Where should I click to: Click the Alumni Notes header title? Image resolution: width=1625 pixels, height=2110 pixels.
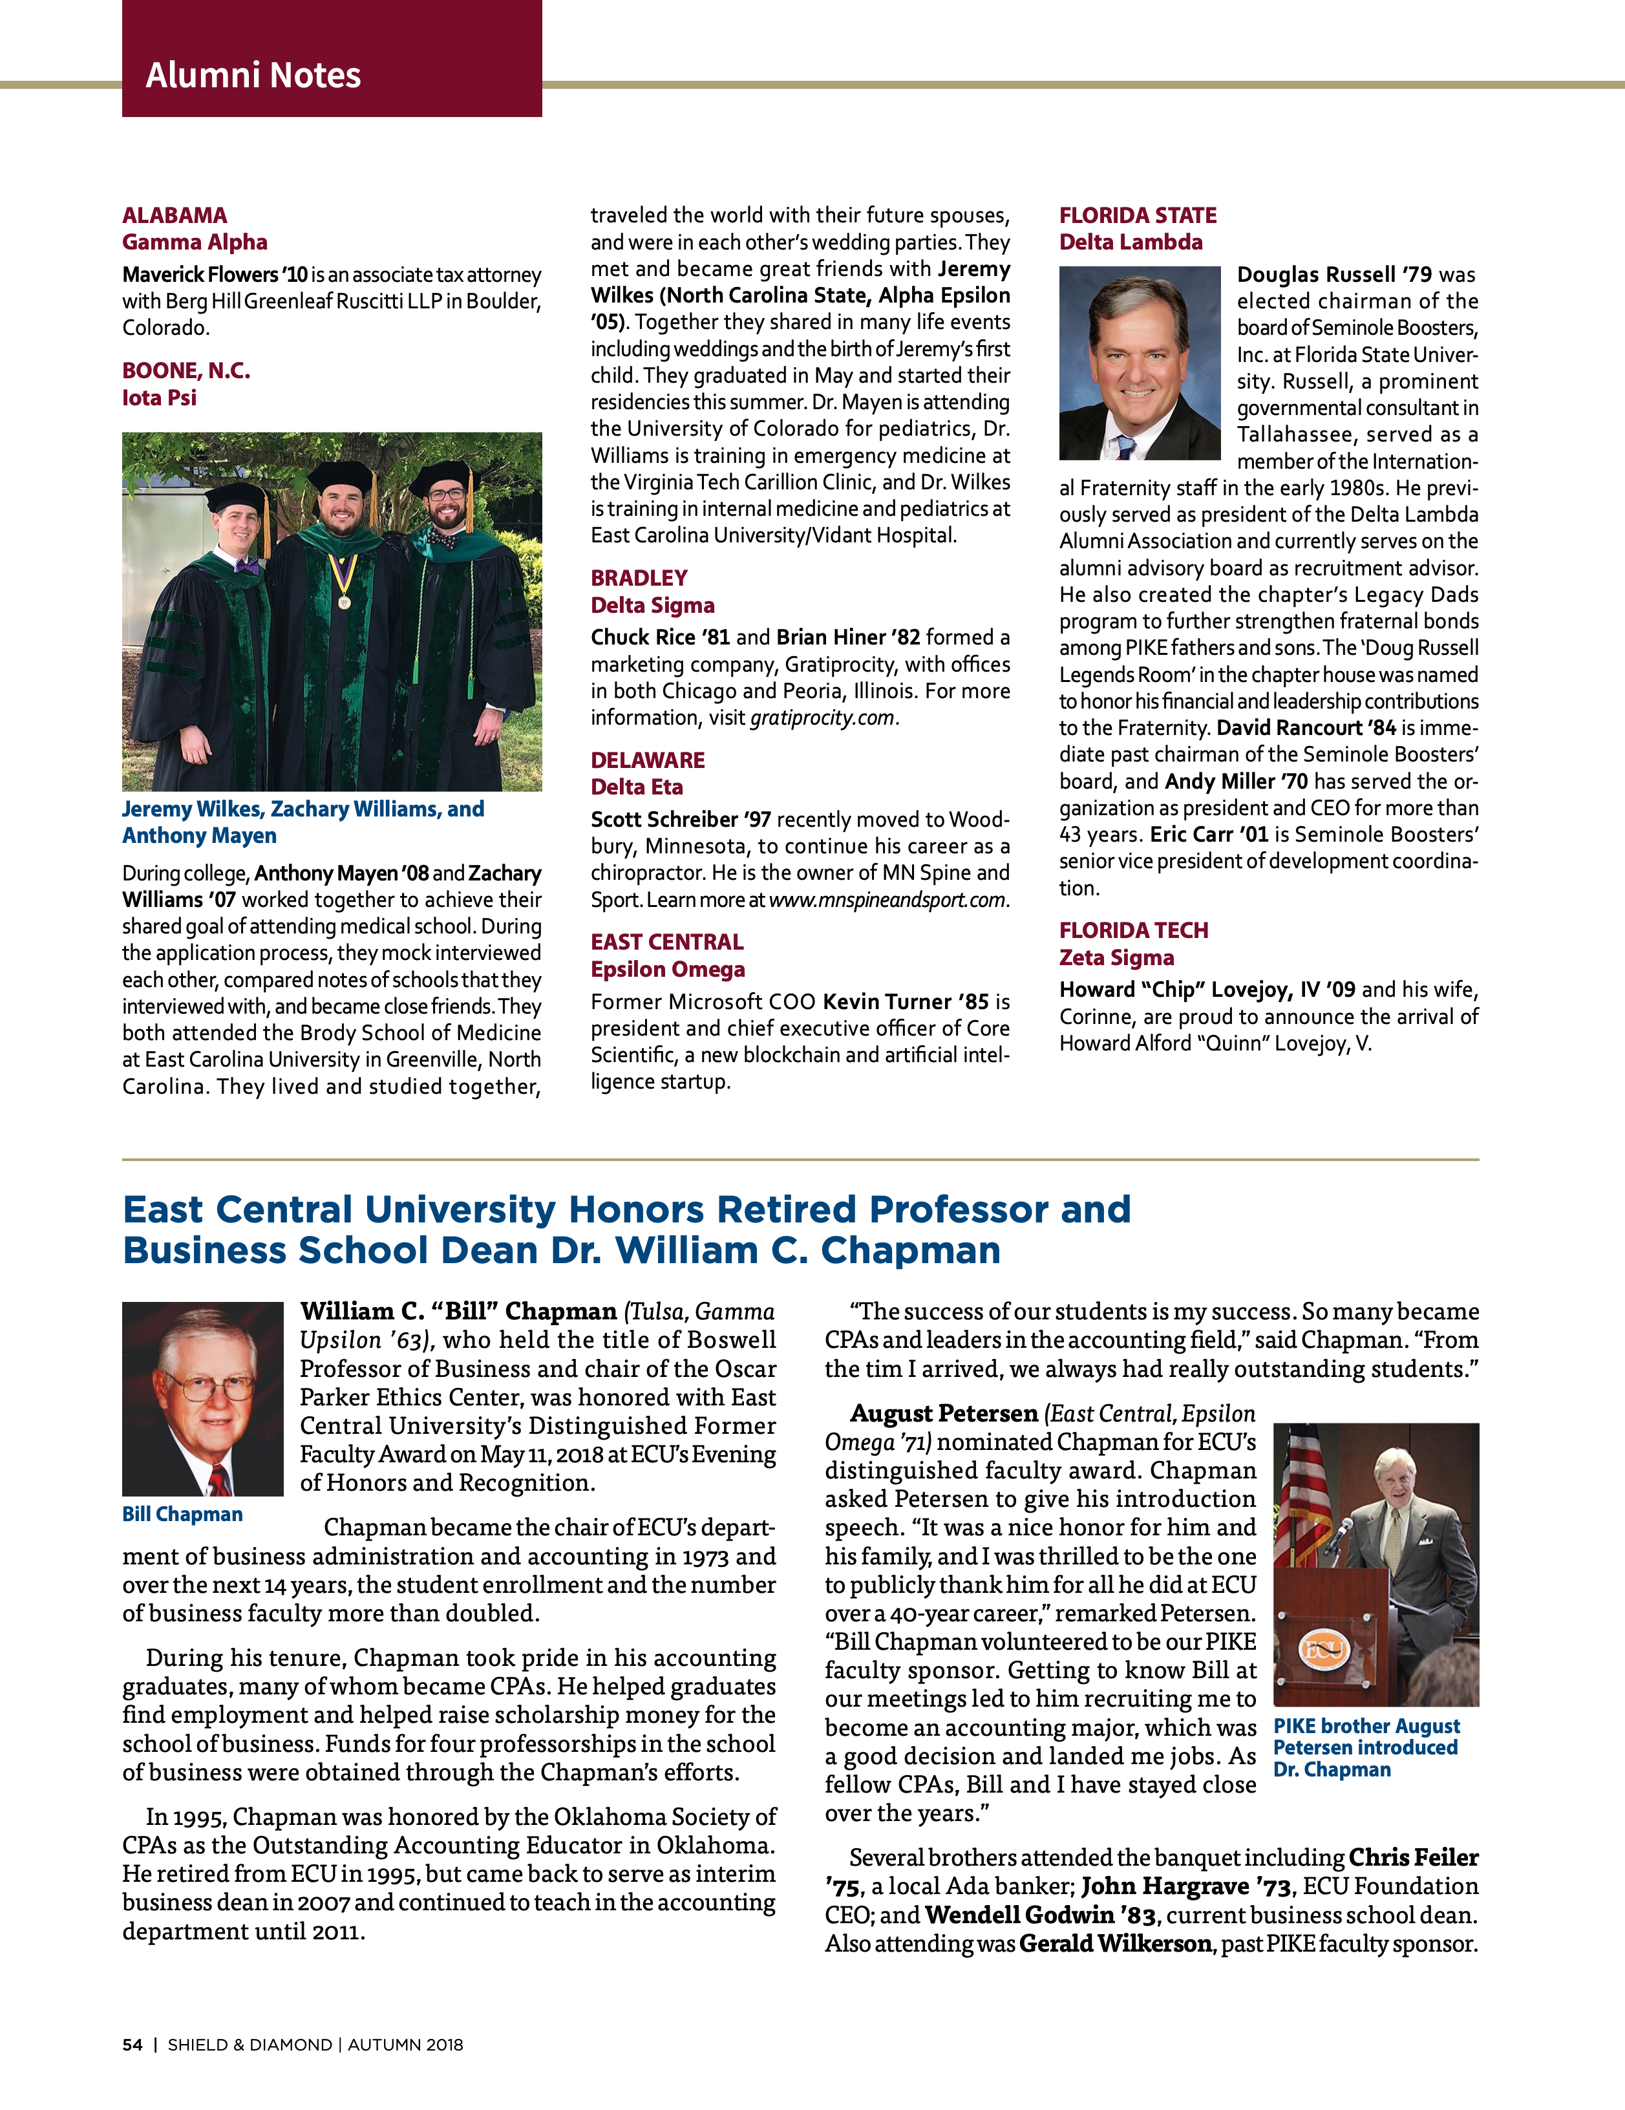[253, 76]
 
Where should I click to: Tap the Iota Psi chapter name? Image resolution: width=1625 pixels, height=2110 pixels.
[160, 398]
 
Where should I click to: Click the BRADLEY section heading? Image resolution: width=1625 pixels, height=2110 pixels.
[639, 578]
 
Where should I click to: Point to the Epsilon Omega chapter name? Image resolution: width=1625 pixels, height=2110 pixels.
[668, 969]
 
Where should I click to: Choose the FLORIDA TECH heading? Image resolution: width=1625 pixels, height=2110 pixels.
[1133, 930]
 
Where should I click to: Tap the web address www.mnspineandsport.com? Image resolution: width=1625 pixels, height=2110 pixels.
[887, 899]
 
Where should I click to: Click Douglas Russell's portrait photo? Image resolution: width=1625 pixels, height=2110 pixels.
[1139, 363]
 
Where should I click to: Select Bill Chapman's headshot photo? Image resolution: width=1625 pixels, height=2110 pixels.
[202, 1398]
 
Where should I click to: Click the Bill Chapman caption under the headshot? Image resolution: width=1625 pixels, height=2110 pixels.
[182, 1514]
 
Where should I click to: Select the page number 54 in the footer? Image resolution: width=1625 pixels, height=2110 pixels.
[133, 2044]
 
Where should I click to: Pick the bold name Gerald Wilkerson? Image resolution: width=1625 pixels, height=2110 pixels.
[1115, 1944]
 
